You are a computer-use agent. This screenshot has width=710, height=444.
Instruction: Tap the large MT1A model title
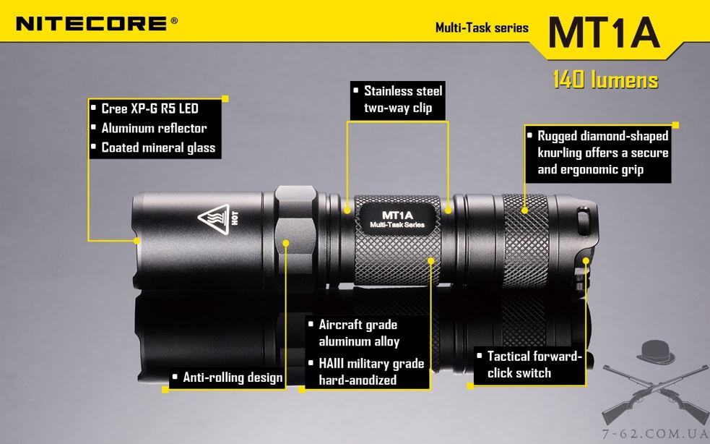(604, 33)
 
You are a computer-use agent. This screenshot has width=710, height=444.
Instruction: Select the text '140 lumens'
(605, 80)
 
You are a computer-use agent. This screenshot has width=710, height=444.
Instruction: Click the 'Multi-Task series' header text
(482, 27)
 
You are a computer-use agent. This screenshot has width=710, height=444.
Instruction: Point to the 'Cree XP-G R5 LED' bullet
(145, 108)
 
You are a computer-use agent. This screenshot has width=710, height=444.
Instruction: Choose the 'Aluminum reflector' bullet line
(150, 128)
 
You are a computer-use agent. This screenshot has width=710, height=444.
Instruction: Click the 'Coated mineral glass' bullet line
(154, 148)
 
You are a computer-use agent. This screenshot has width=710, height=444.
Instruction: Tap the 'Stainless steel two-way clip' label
(398, 100)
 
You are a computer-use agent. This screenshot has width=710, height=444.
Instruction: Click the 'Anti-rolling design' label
(228, 377)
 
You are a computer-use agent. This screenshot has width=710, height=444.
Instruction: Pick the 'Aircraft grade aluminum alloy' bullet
(354, 333)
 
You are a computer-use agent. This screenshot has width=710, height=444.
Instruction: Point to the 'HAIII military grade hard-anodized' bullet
(366, 372)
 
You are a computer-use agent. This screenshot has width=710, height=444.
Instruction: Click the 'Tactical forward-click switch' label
(529, 364)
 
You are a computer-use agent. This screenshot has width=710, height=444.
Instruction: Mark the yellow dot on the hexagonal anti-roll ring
(286, 243)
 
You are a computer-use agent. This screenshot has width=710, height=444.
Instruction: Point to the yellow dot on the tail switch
(586, 261)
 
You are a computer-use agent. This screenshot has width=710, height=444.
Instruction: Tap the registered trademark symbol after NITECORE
(174, 20)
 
